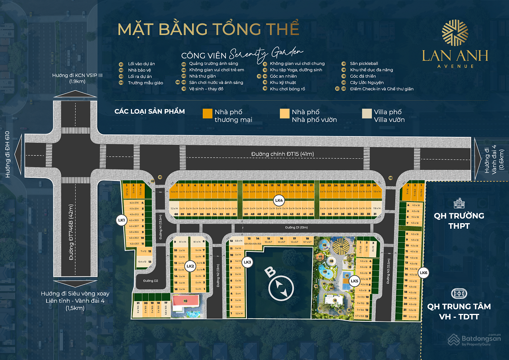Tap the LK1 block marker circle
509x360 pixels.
point(121,220)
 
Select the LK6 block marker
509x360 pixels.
point(424,272)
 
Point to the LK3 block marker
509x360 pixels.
point(247,262)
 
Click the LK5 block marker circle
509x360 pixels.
point(354,282)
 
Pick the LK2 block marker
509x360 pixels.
point(190,266)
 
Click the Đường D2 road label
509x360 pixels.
point(150,281)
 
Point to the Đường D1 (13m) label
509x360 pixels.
point(296,228)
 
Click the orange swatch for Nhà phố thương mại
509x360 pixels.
point(207,113)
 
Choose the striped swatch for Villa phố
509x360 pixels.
point(367,113)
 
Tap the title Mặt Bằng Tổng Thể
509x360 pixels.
point(208,30)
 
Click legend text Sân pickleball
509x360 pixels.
point(364,64)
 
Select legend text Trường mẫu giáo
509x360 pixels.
point(145,83)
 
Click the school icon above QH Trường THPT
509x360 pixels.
point(459,203)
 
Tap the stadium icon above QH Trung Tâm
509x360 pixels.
point(459,294)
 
